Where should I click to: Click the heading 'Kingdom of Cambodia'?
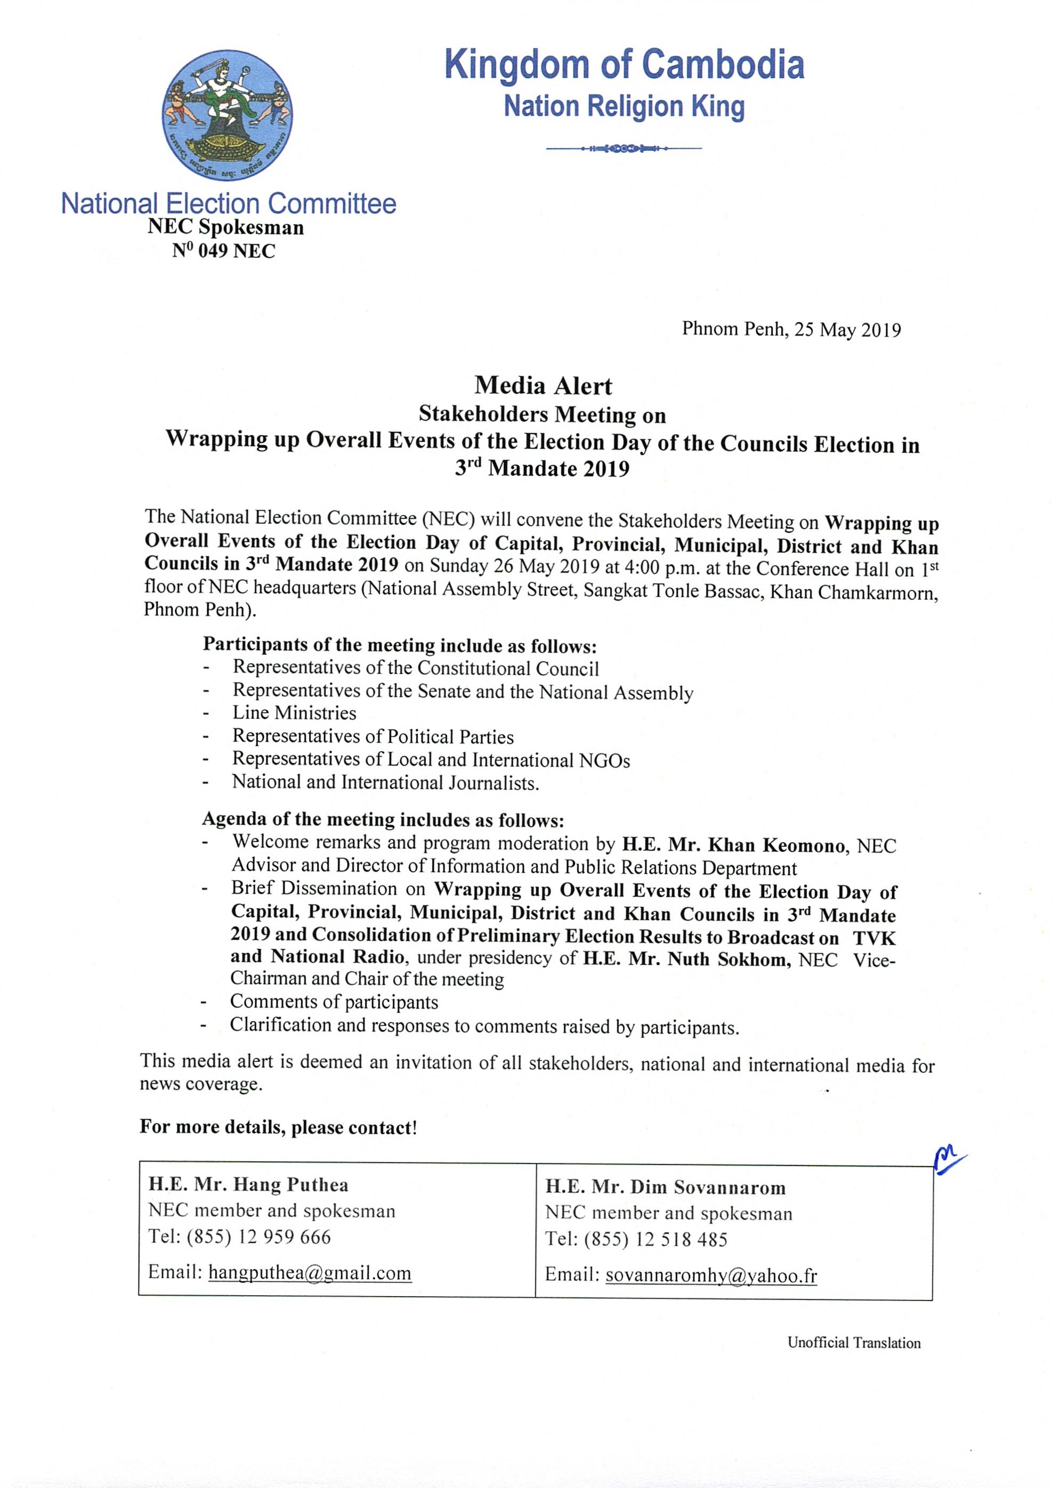(x=624, y=66)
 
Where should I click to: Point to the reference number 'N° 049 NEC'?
(x=224, y=251)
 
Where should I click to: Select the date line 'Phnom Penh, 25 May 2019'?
(x=791, y=330)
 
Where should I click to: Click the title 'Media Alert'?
(x=543, y=386)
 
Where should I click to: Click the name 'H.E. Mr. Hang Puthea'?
(x=248, y=1185)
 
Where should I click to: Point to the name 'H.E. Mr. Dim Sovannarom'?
(x=665, y=1188)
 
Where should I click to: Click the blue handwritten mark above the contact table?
(x=947, y=1158)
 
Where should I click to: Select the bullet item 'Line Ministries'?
(x=294, y=713)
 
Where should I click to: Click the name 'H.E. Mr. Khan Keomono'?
(x=734, y=845)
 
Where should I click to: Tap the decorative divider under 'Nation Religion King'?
(x=624, y=149)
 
